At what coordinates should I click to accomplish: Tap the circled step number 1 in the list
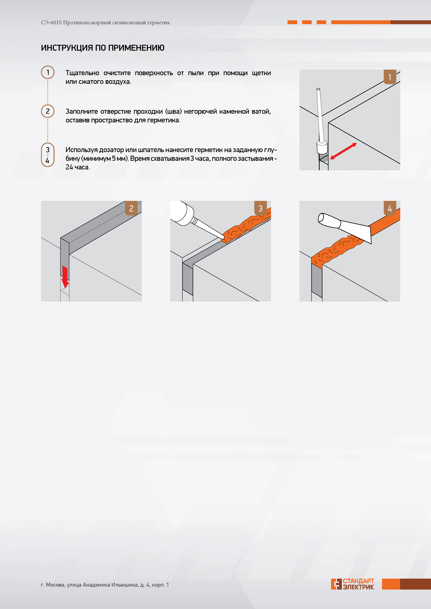[x=48, y=72]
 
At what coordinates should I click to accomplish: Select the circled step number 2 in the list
[x=48, y=111]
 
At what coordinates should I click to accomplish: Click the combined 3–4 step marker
[x=48, y=155]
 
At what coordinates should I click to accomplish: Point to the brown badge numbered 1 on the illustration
[x=390, y=77]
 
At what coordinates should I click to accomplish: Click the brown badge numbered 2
[x=131, y=208]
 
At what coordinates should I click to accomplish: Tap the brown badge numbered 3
[x=260, y=208]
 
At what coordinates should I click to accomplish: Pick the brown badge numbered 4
[x=390, y=208]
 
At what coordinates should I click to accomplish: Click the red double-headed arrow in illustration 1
[x=343, y=151]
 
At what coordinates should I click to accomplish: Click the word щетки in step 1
[x=261, y=73]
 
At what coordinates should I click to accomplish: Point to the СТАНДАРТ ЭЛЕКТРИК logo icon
[x=336, y=584]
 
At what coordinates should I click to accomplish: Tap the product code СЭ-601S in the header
[x=51, y=23]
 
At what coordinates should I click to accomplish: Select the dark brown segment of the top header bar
[x=411, y=22]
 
